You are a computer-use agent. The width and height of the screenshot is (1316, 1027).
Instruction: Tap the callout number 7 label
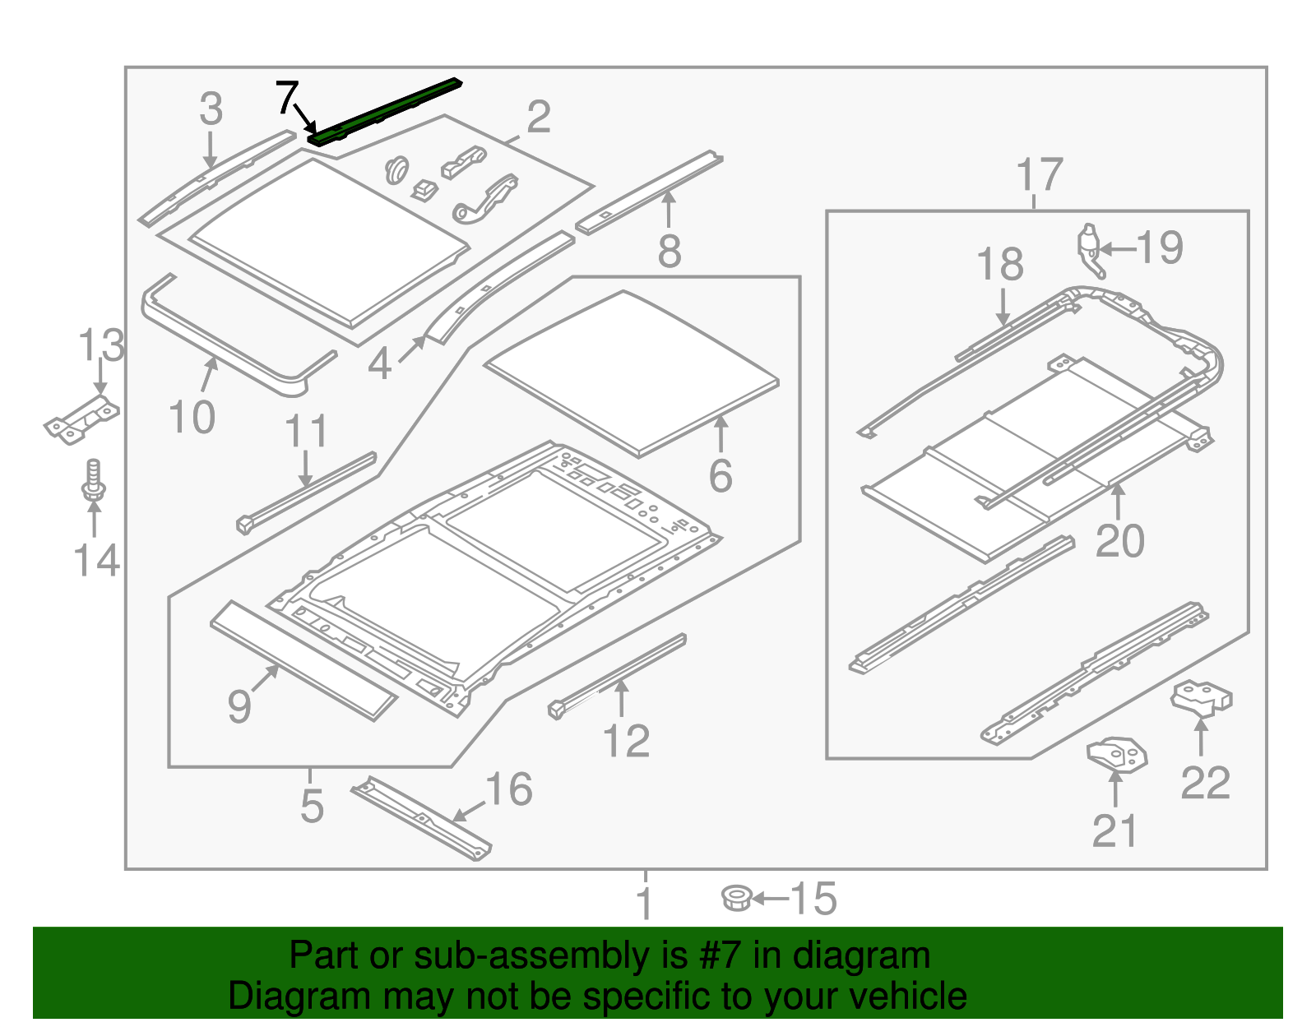click(x=285, y=98)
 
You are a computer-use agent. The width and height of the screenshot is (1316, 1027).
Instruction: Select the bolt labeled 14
click(x=93, y=480)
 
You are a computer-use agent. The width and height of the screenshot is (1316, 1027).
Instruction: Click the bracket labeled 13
click(x=81, y=419)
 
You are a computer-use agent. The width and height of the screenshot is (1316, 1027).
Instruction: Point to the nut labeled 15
click(x=736, y=898)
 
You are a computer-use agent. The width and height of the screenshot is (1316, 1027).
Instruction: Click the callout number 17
click(x=1040, y=175)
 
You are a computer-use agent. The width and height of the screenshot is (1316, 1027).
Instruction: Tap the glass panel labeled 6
click(x=632, y=373)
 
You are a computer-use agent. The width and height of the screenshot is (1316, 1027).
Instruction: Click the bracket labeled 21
click(x=1116, y=754)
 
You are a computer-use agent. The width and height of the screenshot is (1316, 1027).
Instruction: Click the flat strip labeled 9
click(x=303, y=659)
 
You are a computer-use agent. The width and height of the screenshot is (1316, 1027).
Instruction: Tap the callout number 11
click(x=306, y=431)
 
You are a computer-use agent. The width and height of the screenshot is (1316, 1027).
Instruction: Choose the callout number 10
click(x=192, y=417)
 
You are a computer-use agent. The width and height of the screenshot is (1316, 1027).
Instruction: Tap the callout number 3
click(x=211, y=109)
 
